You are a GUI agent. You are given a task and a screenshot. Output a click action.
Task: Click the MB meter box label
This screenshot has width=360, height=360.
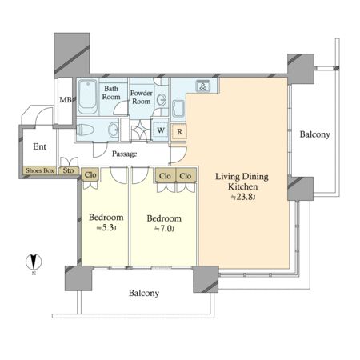click(x=66, y=100)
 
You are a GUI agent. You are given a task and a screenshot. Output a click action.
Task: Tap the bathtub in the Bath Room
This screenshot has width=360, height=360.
click(x=88, y=97)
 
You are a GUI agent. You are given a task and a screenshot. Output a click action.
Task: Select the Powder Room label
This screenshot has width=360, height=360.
click(x=142, y=97)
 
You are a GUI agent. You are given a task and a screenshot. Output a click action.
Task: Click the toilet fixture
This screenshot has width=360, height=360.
click(x=85, y=130)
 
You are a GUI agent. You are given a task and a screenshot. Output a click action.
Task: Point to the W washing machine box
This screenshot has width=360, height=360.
click(x=161, y=130)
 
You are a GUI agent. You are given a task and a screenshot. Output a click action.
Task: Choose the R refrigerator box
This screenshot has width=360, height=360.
click(x=179, y=132)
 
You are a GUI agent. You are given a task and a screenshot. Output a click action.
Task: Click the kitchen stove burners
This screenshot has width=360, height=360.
click(x=203, y=86)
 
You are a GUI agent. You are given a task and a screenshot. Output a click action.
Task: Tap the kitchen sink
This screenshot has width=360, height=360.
click(x=178, y=109)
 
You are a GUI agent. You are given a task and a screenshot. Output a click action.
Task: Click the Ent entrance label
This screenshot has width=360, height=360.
click(x=39, y=146)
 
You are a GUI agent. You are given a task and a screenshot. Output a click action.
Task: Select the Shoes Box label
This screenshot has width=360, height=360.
click(x=40, y=170)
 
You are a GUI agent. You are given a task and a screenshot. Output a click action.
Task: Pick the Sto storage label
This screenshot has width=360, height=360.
click(x=68, y=170)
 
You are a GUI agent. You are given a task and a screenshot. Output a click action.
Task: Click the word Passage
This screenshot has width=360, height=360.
click(x=124, y=154)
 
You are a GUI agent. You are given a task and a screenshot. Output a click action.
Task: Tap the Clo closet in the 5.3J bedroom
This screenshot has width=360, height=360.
click(x=90, y=175)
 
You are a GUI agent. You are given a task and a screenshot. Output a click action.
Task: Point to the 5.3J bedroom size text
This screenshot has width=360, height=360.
click(x=106, y=228)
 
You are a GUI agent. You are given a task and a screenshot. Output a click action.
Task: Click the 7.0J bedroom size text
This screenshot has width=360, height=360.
click(x=165, y=229)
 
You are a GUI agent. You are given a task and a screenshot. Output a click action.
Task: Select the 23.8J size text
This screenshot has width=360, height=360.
click(x=243, y=197)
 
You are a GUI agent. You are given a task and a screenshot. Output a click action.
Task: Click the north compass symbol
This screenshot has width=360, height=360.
click(x=34, y=262)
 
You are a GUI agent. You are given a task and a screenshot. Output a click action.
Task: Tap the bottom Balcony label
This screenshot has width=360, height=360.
click(x=144, y=293)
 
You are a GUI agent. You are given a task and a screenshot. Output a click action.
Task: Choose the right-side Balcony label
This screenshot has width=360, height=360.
click(x=315, y=134)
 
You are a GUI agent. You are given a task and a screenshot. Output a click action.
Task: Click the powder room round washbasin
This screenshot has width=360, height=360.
click(x=162, y=100)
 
